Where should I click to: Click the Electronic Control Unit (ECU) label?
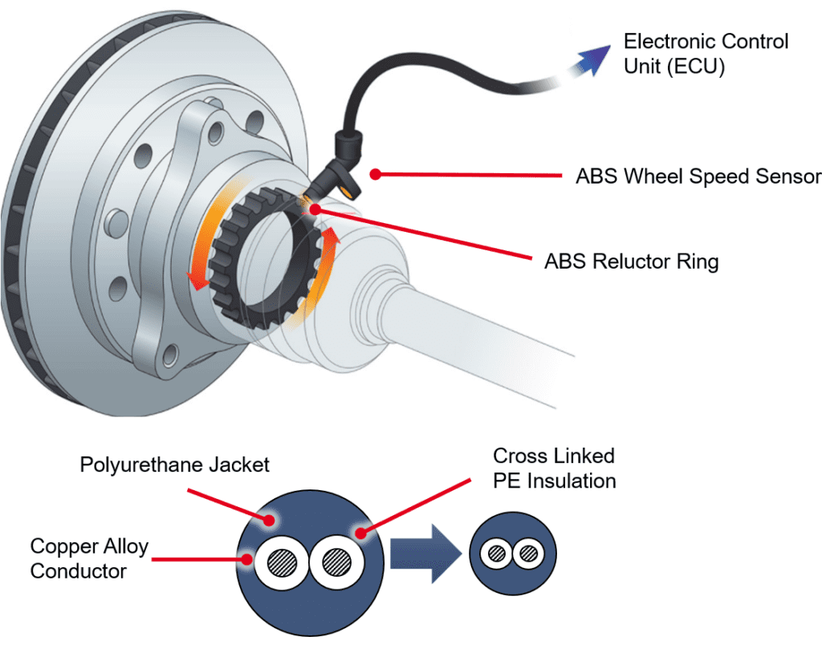pos(706,54)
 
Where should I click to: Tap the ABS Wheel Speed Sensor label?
pos(698,176)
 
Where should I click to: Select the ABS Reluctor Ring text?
pos(631,262)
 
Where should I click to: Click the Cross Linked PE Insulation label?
pos(554,469)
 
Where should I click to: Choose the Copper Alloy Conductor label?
pos(89,558)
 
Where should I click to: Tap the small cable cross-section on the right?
pos(512,554)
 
